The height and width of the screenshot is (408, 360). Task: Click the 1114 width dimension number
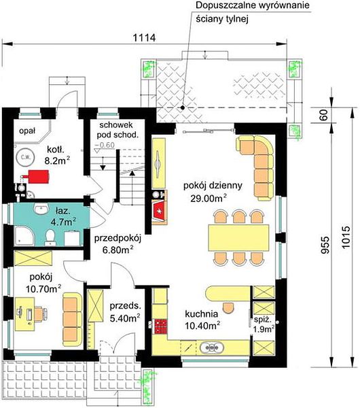click(144, 38)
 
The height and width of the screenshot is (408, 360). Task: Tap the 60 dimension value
click(324, 115)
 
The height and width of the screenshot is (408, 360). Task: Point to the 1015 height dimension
click(346, 237)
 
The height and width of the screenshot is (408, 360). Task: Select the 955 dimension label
click(325, 245)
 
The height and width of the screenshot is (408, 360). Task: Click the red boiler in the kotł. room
click(38, 177)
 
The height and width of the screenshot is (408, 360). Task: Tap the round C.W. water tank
click(25, 157)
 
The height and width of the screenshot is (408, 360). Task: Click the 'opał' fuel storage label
click(27, 131)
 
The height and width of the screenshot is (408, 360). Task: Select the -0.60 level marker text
click(105, 145)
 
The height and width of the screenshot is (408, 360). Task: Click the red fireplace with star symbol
click(160, 211)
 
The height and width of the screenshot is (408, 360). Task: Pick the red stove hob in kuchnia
click(161, 326)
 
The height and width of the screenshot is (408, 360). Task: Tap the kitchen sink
click(212, 347)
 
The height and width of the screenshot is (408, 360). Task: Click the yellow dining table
click(238, 238)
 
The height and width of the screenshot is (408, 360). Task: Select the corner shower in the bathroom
click(24, 236)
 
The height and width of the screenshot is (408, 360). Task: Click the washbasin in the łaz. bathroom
click(41, 209)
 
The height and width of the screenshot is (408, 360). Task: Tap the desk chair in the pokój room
click(41, 313)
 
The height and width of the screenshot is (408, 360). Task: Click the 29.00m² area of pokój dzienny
click(209, 199)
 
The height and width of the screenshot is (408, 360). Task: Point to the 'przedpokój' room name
click(118, 239)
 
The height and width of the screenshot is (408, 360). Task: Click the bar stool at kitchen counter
click(228, 307)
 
